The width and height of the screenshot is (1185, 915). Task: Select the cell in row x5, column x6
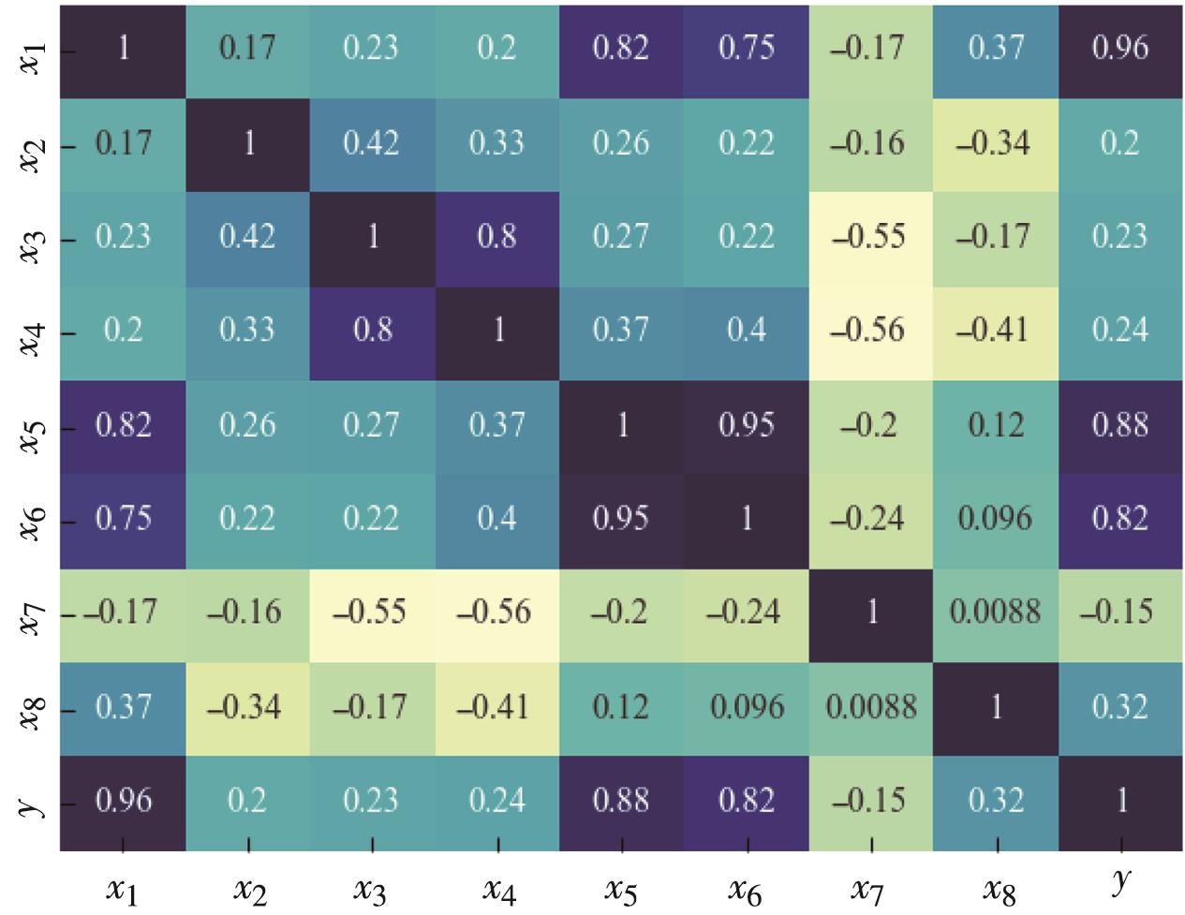click(x=747, y=425)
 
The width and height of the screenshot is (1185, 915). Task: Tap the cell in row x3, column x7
click(x=871, y=237)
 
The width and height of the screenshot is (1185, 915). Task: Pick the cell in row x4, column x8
click(x=996, y=331)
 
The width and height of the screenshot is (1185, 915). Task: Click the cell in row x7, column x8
click(x=996, y=612)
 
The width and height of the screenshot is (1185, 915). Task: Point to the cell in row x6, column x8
click(x=996, y=519)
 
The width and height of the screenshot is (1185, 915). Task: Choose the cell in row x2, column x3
click(x=372, y=143)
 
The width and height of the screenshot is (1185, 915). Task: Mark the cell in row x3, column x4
click(x=497, y=237)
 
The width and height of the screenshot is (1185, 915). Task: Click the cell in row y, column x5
click(x=622, y=801)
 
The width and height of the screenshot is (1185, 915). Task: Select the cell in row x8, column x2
click(x=247, y=707)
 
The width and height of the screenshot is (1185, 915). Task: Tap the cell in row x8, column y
click(x=1120, y=707)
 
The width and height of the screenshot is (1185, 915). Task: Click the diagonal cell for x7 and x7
click(x=871, y=612)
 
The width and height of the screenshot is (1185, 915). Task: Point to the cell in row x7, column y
click(x=1120, y=612)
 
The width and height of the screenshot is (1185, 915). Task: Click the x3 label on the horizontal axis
click(x=371, y=890)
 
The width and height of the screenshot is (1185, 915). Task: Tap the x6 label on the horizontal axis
click(x=746, y=890)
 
